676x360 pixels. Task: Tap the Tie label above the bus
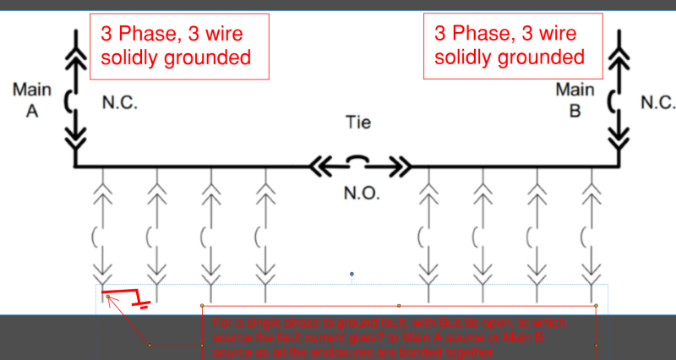(x=358, y=123)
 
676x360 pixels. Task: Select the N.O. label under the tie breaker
(x=361, y=193)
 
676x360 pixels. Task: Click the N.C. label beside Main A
(x=119, y=103)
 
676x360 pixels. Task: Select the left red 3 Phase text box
(x=179, y=46)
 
